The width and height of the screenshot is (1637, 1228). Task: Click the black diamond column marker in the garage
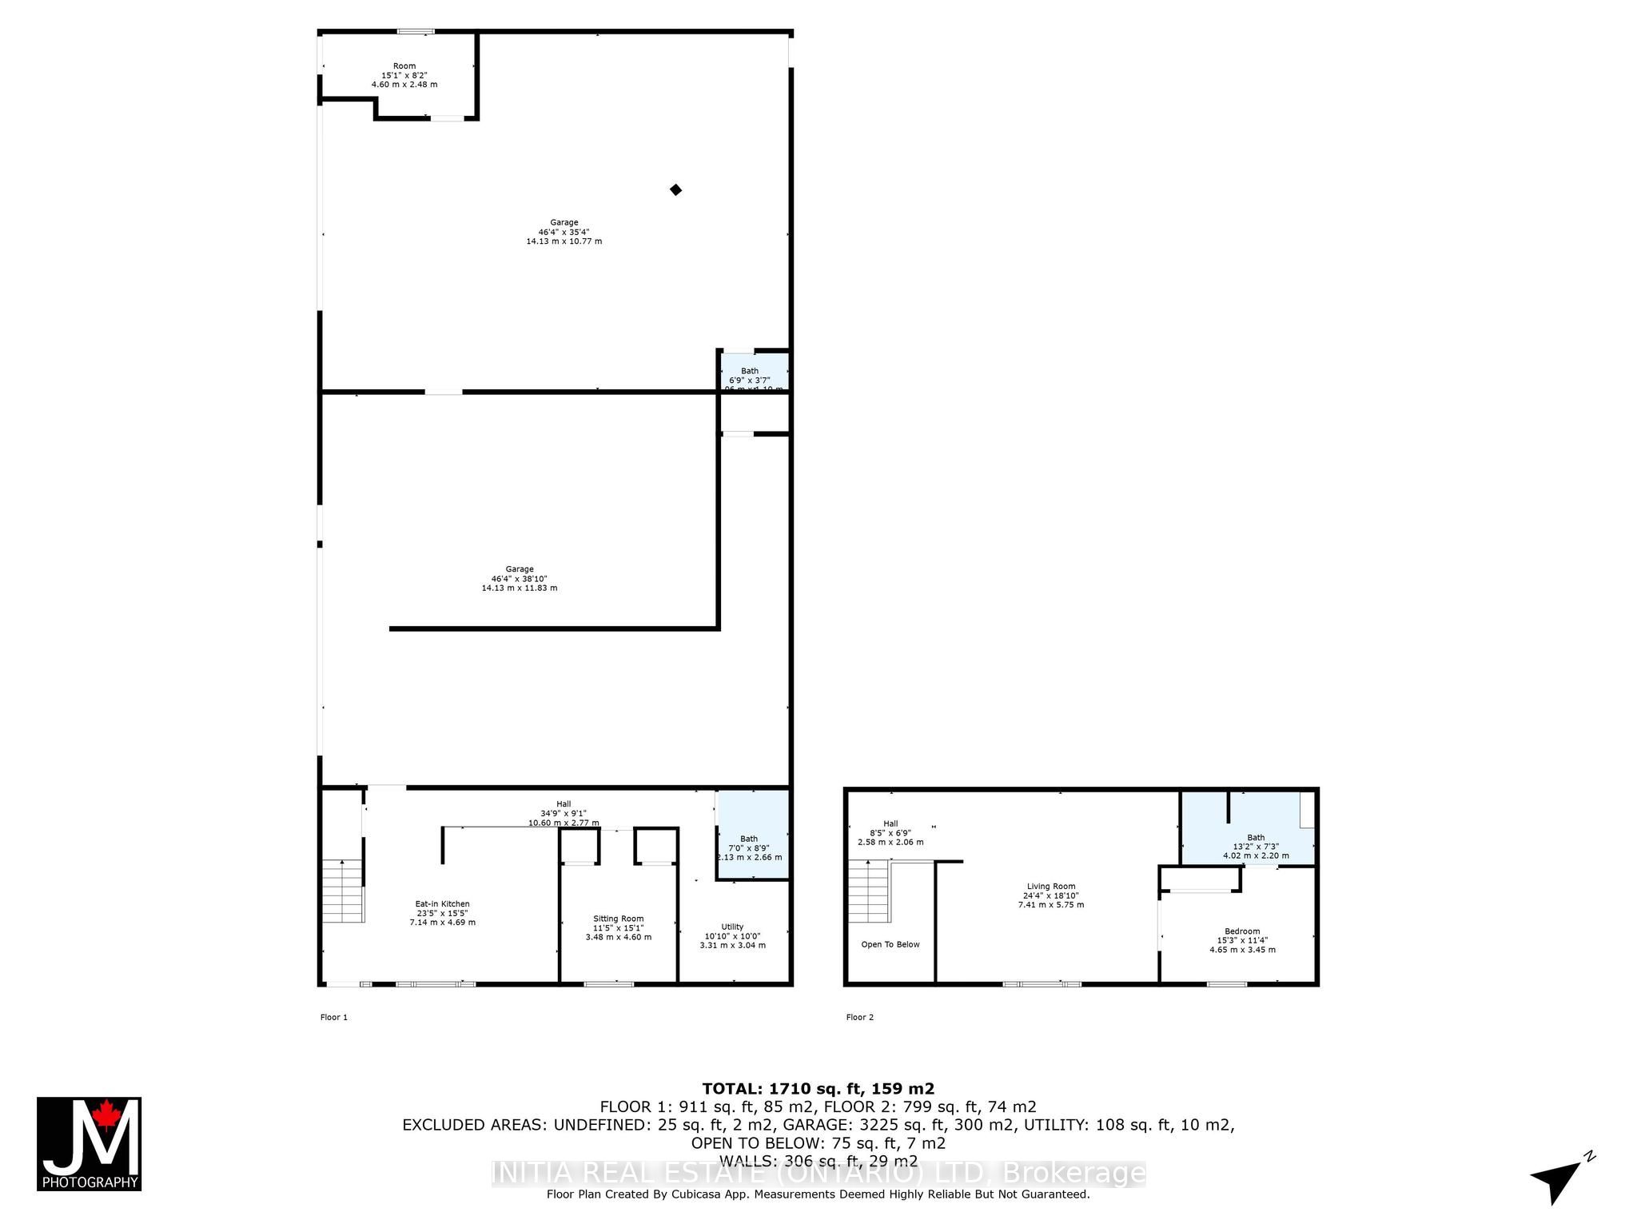[x=675, y=189]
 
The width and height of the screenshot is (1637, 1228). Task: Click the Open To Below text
[x=890, y=944]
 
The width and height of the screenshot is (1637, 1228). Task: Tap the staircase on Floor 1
[x=343, y=891]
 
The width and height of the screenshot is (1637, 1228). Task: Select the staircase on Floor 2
[x=869, y=891]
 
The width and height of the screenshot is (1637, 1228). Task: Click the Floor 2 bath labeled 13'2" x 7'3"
[x=1256, y=846]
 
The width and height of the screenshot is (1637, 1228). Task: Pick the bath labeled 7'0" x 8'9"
[x=749, y=847]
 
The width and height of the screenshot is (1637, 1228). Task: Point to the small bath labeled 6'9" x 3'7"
[x=750, y=376]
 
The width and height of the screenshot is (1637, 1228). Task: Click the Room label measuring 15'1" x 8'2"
[x=404, y=75]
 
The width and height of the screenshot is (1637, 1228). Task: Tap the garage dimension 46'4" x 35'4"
[x=564, y=232]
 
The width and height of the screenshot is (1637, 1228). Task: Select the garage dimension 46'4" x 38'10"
[x=520, y=579]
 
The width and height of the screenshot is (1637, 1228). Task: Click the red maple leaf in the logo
[x=105, y=1114]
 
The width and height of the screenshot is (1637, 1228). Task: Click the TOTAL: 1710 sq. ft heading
[x=818, y=1088]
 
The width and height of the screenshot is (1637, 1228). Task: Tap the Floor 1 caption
[x=334, y=1017]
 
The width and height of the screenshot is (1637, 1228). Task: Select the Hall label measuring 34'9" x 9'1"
[x=564, y=813]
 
